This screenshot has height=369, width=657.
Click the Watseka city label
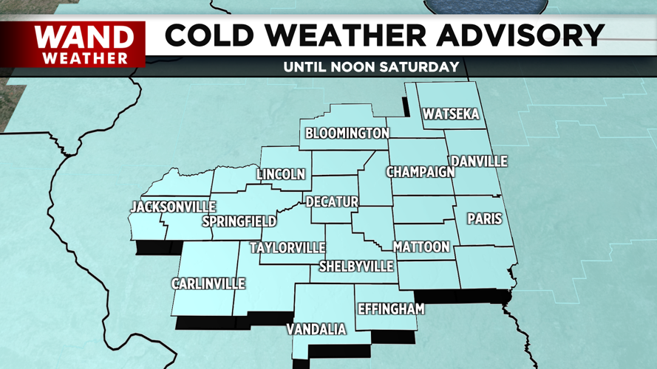[x=451, y=114]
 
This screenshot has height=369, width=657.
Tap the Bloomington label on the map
[x=347, y=134]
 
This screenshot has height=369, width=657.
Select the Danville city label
[x=480, y=161]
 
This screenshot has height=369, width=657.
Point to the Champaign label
[x=421, y=172]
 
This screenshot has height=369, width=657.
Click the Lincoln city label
[x=281, y=175]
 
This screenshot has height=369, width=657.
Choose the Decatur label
[x=332, y=201]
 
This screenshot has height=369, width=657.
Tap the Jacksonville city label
[x=174, y=207]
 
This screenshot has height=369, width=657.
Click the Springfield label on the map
[x=239, y=221]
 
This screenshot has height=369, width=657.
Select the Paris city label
[x=484, y=219]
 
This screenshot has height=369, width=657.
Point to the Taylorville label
[x=287, y=248]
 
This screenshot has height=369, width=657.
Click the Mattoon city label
[x=421, y=246]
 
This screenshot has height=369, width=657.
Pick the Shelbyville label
[x=356, y=266]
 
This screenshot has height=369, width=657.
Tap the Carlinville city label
[x=208, y=284]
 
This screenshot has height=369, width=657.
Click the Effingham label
[x=391, y=309]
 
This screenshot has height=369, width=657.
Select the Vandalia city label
[x=316, y=329]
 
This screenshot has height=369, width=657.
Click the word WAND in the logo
[x=84, y=36]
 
